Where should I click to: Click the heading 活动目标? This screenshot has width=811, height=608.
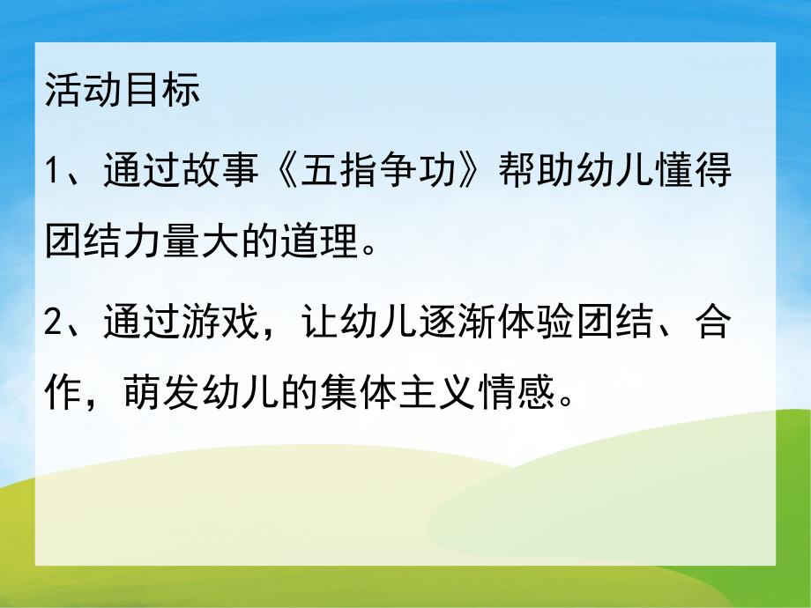123,92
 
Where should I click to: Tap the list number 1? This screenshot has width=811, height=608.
54,169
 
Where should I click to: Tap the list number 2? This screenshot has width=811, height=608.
55,325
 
